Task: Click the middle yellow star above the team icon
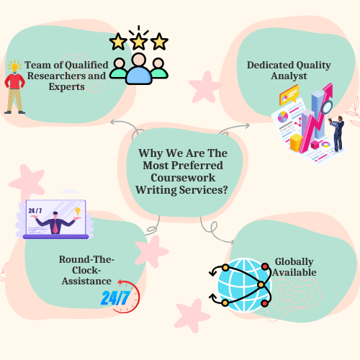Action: coord(139,42)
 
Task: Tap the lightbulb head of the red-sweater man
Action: coord(14,66)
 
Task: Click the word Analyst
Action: coord(289,76)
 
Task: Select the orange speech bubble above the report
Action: coord(289,95)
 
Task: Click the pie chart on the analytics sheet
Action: coord(283,117)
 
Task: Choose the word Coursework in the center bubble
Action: coord(183,178)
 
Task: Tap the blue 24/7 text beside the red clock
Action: coord(115,298)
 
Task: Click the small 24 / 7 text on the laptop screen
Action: coord(35,211)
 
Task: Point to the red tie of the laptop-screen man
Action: coord(55,227)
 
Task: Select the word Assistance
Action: coord(86,281)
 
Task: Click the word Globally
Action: coord(294,262)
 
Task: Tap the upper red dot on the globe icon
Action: coord(265,266)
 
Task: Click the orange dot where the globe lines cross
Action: coord(261,285)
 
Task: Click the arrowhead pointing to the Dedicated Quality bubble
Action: coord(247,125)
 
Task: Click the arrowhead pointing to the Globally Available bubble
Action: coord(232,241)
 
